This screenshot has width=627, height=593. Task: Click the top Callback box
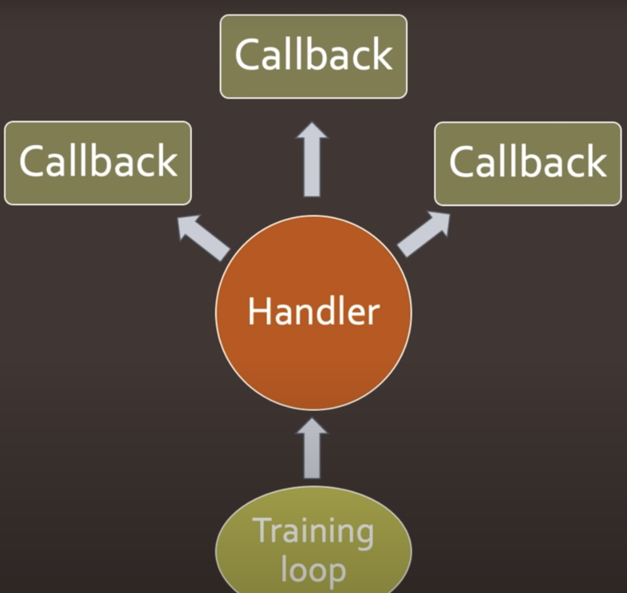[x=314, y=56]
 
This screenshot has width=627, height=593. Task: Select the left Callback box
[x=98, y=163]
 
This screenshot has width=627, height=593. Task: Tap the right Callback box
[x=528, y=164]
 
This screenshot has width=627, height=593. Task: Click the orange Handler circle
[x=314, y=312]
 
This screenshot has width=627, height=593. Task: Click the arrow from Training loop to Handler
[x=312, y=448]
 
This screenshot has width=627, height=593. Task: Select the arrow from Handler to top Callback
[x=312, y=159]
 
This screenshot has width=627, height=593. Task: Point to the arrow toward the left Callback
[x=204, y=237]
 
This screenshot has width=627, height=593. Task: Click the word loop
[x=313, y=569]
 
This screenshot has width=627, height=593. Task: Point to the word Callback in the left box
[x=98, y=161]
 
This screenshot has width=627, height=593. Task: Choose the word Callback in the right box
[x=528, y=161]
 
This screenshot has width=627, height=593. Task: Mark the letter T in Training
[x=263, y=530]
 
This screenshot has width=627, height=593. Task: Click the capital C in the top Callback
[x=247, y=55]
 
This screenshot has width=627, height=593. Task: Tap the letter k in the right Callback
[x=596, y=161]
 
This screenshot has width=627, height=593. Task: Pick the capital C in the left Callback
[x=32, y=161]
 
